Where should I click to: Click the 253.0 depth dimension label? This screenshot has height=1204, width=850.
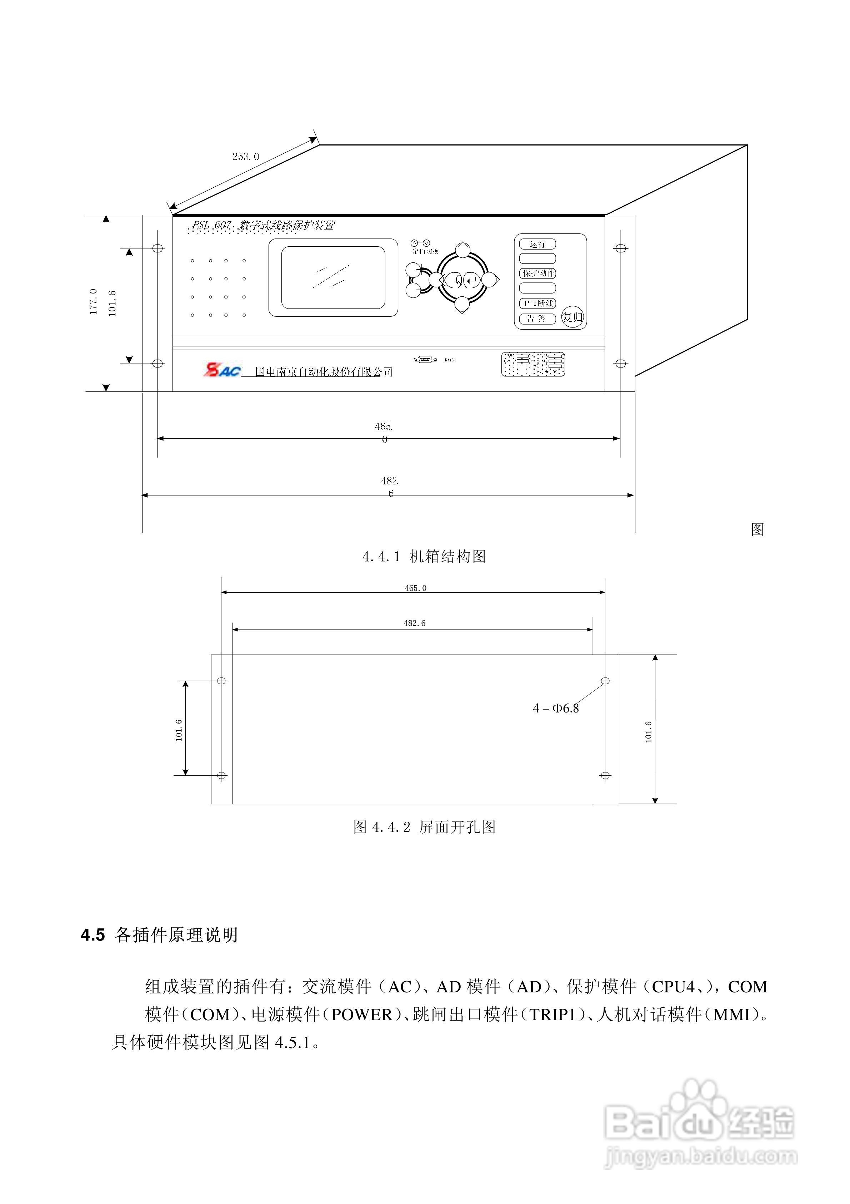[245, 156]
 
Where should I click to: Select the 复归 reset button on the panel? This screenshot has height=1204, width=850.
[572, 317]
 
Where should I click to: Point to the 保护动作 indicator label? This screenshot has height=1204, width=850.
[537, 273]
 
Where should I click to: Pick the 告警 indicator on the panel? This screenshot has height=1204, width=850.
[537, 318]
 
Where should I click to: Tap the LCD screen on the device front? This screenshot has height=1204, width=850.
[333, 277]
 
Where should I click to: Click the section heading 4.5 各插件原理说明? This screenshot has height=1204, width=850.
[160, 934]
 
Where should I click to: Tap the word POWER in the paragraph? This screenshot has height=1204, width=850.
[361, 1015]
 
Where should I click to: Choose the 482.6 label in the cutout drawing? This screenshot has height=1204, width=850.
[414, 623]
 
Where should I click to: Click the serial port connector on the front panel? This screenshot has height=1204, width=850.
[425, 359]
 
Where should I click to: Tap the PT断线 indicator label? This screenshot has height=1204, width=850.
[537, 303]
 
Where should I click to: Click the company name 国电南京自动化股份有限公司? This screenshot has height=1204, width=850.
[323, 372]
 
